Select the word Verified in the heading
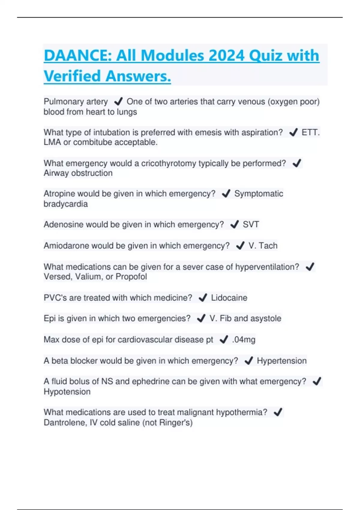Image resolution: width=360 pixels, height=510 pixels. point(72,76)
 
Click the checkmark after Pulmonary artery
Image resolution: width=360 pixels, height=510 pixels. point(118,101)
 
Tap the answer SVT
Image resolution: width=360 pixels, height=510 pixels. point(251,224)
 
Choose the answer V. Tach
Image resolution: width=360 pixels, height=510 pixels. point(263,246)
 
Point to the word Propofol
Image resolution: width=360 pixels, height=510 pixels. point(131,277)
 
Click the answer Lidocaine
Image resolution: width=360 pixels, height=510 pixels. point(229,298)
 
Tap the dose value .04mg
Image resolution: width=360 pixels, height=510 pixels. point(244,340)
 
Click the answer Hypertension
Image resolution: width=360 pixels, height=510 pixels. point(282,361)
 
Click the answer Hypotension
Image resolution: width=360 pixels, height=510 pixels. point(67,392)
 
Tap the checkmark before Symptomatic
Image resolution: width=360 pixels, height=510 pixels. point(226,194)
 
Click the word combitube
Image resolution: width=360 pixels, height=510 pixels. point(92,142)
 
